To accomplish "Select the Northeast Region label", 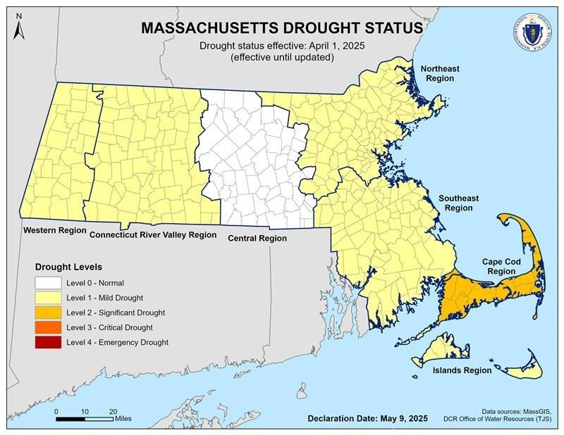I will (440, 73).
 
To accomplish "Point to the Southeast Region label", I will (455, 203).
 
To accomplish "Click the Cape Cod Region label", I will (501, 266).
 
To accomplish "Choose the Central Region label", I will (257, 239).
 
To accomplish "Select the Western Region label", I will (54, 231).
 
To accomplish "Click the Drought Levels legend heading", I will (69, 267).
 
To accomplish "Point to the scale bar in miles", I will (85, 419).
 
